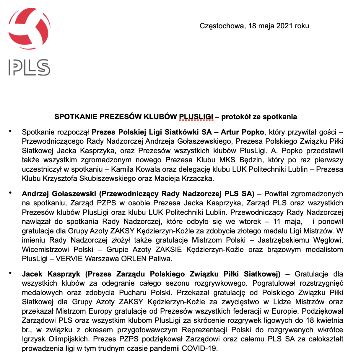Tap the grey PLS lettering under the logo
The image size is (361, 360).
(x=29, y=67)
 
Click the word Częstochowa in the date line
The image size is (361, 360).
(x=222, y=26)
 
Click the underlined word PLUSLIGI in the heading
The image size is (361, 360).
(x=196, y=117)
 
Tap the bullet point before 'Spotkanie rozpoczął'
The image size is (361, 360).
(x=11, y=131)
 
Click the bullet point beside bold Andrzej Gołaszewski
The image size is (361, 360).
(x=11, y=193)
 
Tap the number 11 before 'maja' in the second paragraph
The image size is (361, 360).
(x=277, y=222)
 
